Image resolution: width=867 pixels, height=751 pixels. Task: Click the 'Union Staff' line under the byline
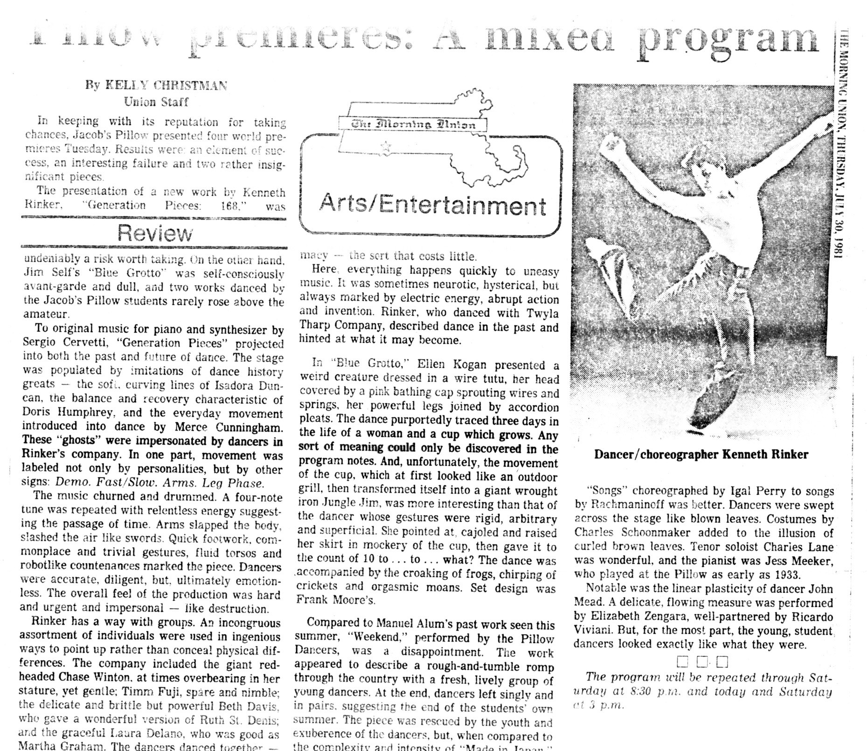point(156,101)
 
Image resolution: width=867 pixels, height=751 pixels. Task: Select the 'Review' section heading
point(154,233)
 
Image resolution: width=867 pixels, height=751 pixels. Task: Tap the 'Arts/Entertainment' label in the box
point(432,206)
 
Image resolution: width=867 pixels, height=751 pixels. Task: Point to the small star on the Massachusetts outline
point(386,147)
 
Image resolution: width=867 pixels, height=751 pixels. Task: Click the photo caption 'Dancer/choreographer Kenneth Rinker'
point(701,454)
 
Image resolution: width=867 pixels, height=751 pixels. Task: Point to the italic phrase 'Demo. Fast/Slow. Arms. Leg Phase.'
point(160,483)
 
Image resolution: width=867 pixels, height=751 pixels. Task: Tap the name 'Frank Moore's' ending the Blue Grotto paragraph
point(335,600)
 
